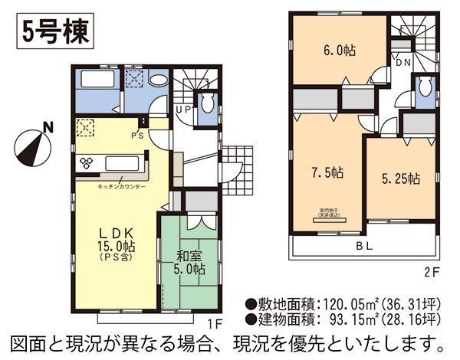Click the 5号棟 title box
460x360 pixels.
coord(51,31)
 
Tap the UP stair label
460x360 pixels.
coord(185,110)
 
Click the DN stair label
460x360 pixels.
coord(402,61)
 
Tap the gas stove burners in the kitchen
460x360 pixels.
coord(86,163)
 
